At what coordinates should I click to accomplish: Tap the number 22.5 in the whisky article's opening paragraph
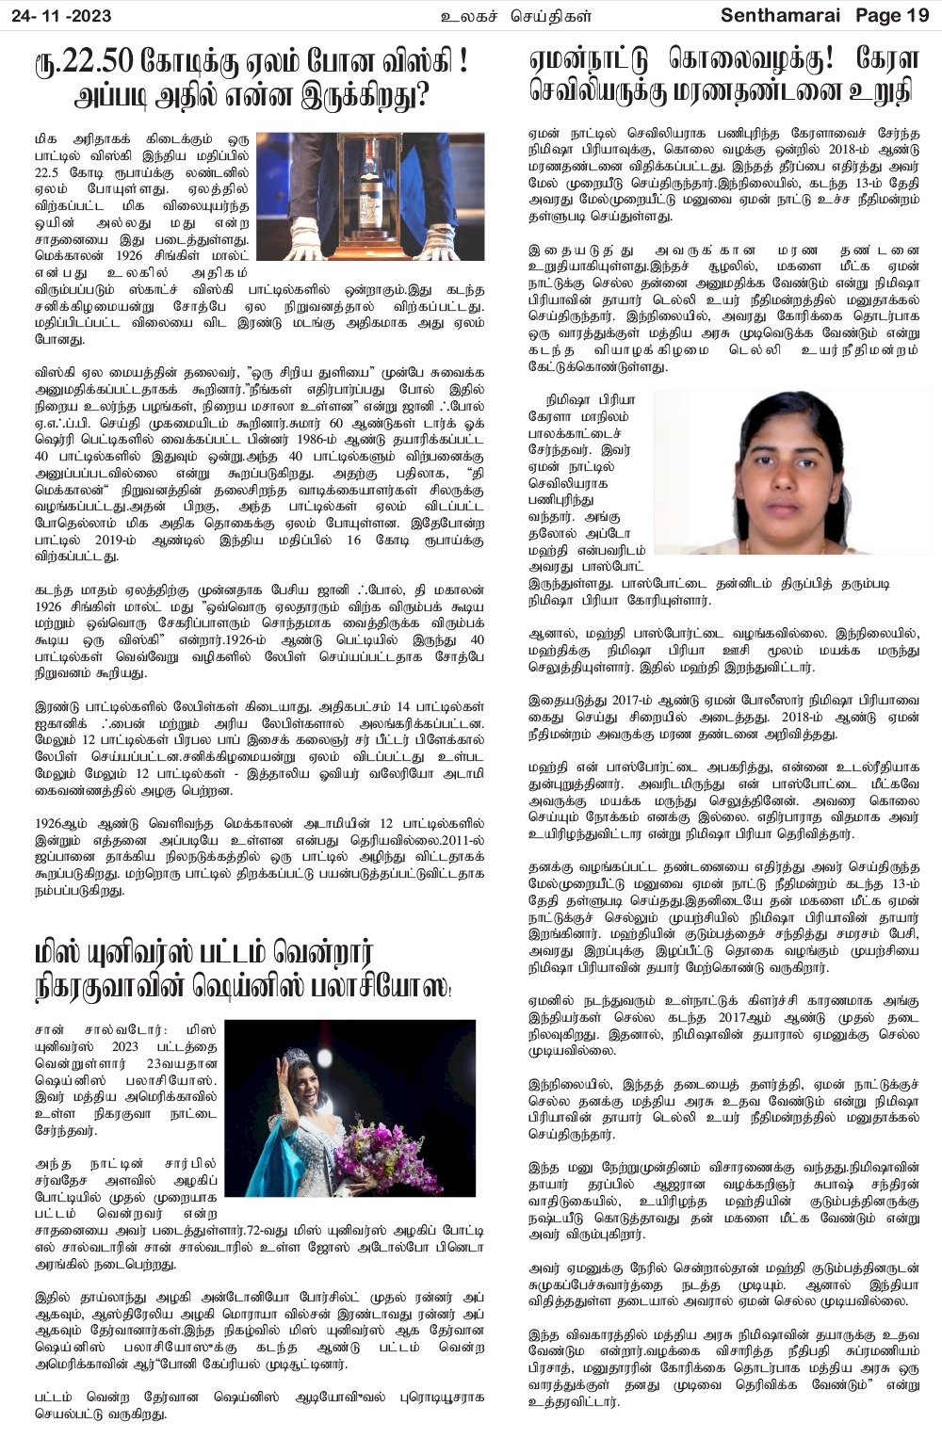pos(47,173)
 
